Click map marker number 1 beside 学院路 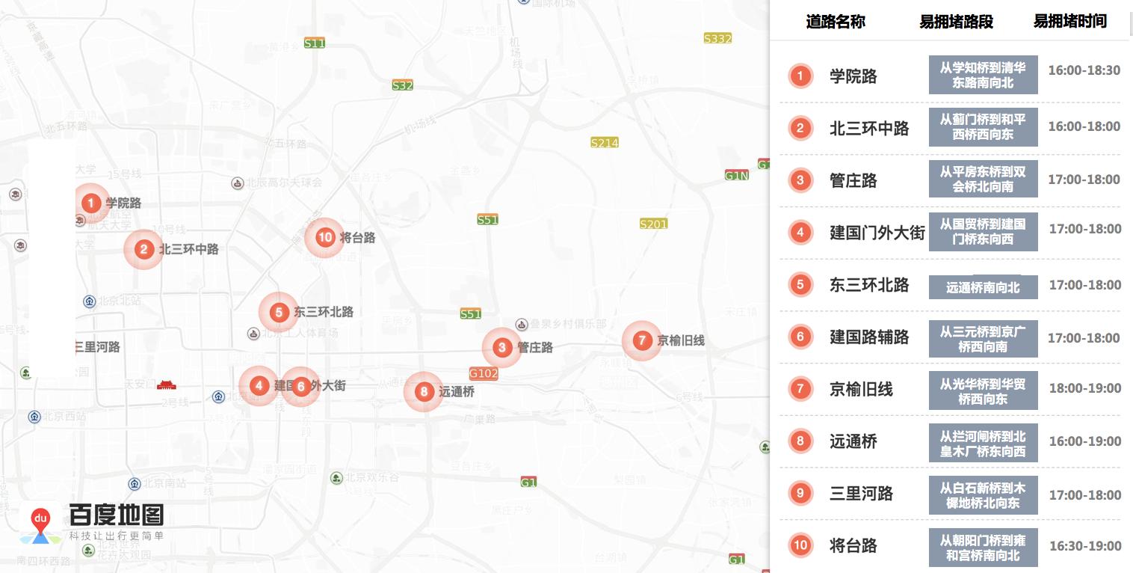(90, 203)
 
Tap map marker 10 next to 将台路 (324, 238)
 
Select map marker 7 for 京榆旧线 (641, 340)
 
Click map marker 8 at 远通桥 (424, 391)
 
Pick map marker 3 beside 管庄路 (501, 347)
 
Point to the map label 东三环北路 (324, 312)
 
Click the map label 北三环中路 (189, 249)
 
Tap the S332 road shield (717, 38)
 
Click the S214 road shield (604, 142)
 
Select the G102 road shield (484, 373)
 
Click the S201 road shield (653, 224)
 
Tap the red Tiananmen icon (166, 384)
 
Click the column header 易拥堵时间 (1069, 21)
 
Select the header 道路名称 (835, 22)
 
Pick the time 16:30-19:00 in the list (1084, 546)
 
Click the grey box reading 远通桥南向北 (983, 287)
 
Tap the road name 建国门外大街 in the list (877, 233)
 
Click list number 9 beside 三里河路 (800, 493)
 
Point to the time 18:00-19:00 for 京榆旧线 (1084, 388)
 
